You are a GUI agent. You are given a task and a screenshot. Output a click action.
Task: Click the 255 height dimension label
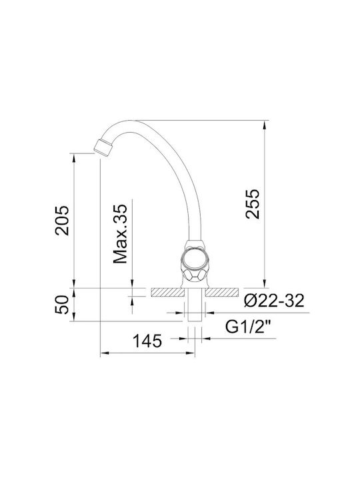coord(253,204)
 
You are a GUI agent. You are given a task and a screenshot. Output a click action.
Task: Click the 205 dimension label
coord(62,220)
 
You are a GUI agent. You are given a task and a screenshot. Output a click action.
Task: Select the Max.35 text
coord(120,233)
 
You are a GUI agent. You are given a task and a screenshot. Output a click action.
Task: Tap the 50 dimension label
coord(61,304)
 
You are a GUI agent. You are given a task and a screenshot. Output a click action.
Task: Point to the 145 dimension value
coord(147,341)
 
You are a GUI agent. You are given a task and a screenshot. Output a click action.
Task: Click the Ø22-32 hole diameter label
coord(274,301)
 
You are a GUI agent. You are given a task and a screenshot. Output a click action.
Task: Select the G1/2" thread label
coord(249,326)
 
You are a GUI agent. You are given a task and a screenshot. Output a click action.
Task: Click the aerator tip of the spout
coord(103,147)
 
